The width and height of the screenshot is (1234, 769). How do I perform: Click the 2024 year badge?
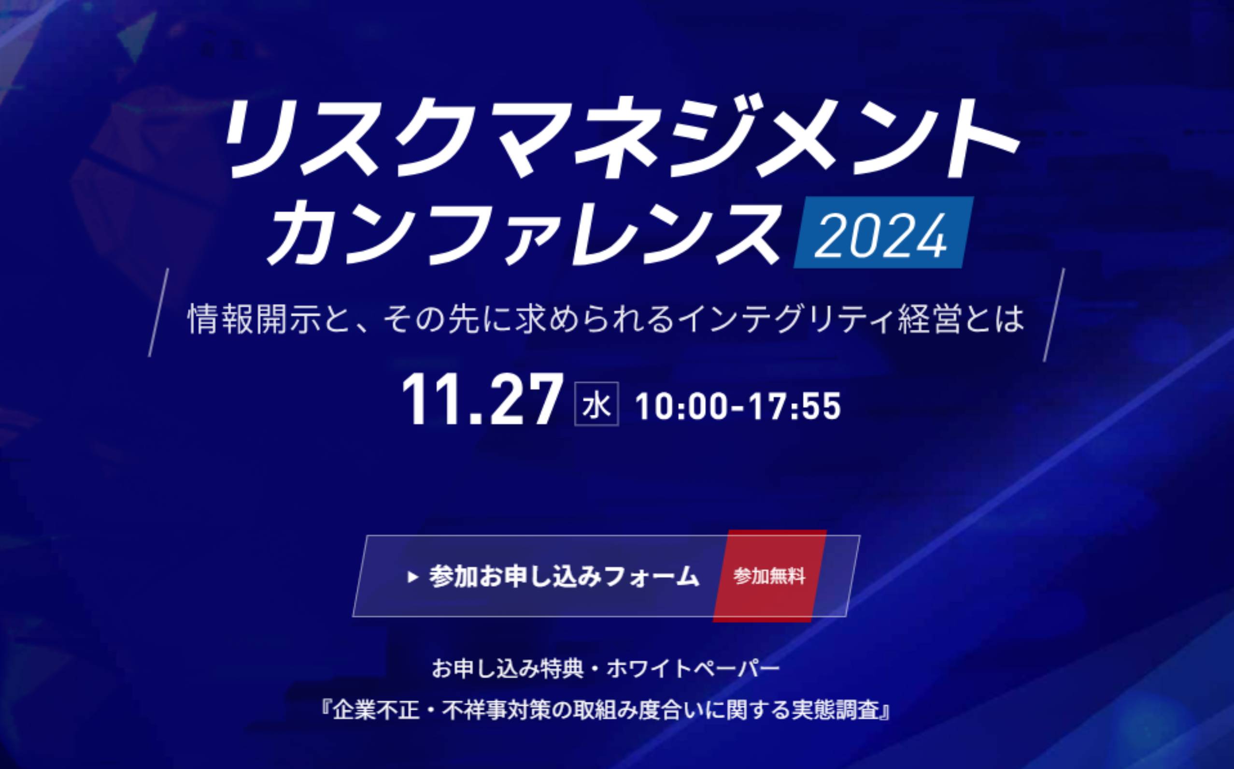tap(884, 232)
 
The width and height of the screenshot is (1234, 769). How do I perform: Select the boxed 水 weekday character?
tap(596, 404)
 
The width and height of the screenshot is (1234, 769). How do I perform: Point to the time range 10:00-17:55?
tap(738, 406)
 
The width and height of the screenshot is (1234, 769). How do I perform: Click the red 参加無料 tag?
tap(769, 576)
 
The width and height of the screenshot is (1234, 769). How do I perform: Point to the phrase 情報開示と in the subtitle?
tap(273, 319)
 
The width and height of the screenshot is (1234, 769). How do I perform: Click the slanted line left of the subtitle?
tap(158, 313)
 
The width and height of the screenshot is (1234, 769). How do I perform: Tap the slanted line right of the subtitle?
tap(1053, 315)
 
